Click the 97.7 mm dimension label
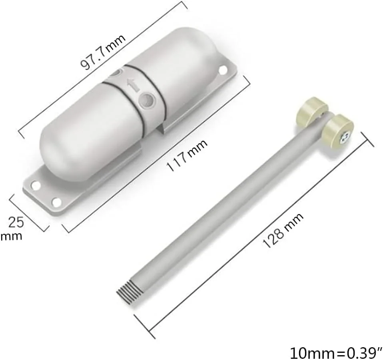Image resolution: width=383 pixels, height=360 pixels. click(x=103, y=52)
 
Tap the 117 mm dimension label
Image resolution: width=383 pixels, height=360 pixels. click(x=187, y=155)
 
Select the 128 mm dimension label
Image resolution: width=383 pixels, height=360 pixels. click(x=283, y=230)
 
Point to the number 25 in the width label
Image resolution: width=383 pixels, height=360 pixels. click(x=16, y=222)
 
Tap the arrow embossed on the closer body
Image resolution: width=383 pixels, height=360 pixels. click(x=133, y=85)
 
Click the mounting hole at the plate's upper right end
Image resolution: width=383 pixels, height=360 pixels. click(x=223, y=70)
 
